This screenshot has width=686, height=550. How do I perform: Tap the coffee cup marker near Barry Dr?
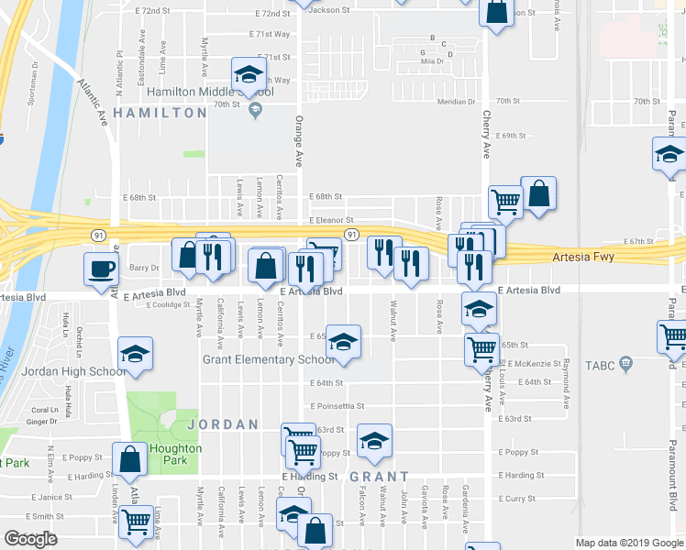[x=101, y=269]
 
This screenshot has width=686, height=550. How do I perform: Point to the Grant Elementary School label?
[x=270, y=359]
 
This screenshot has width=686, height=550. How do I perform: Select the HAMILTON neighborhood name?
[x=160, y=113]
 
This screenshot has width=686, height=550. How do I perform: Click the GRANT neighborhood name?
[x=379, y=477]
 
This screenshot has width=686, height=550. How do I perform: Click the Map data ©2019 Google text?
[x=629, y=543]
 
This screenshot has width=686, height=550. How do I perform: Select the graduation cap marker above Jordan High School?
[x=136, y=354]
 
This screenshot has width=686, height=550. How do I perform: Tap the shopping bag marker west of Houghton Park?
[x=130, y=460]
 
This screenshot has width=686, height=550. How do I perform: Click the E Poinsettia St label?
[x=337, y=406]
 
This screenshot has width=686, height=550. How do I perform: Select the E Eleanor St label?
[x=331, y=221]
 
